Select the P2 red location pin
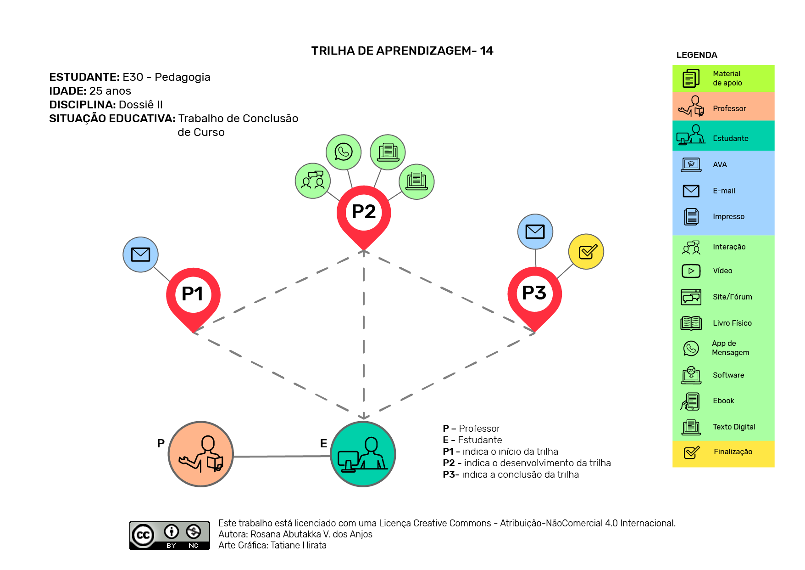364,216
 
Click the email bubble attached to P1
140,254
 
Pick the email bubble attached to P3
535,231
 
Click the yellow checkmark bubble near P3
586,252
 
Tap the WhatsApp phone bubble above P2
344,152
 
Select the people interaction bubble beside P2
313,181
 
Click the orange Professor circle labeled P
201,454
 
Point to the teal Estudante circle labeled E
363,454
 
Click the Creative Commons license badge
170,536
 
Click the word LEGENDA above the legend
697,55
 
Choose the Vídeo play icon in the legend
691,271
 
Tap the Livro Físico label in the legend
732,323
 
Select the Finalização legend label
733,451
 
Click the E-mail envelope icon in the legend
691,191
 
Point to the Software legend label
728,375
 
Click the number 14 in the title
487,51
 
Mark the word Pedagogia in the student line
183,77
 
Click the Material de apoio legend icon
691,78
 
